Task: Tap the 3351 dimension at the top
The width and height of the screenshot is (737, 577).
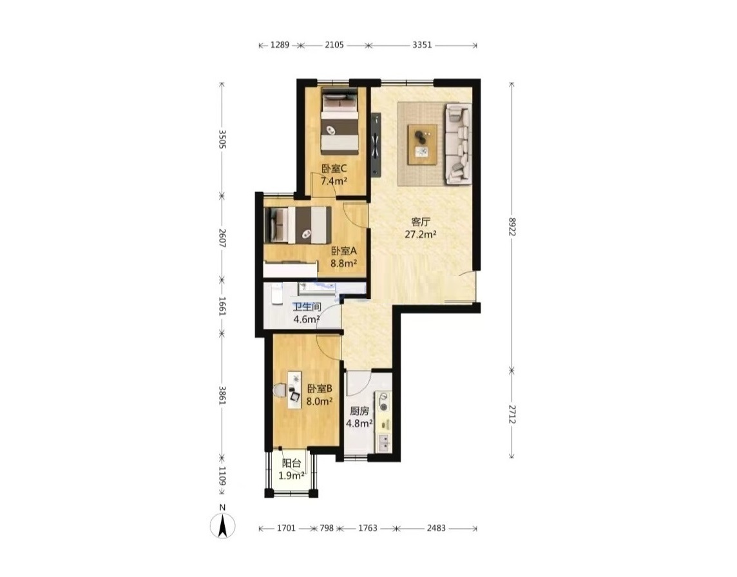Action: [x=422, y=45]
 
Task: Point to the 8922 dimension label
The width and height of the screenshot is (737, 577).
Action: [x=512, y=226]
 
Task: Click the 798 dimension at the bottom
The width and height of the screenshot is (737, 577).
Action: [x=327, y=528]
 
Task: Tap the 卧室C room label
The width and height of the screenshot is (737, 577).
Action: [x=334, y=168]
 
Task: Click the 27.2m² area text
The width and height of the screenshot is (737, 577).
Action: [x=421, y=234]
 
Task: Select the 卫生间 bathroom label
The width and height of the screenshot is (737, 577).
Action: [x=307, y=308]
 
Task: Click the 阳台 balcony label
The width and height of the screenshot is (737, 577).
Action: [x=291, y=463]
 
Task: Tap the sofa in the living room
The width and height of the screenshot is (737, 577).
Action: [x=457, y=142]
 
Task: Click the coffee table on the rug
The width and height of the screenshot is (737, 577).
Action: [x=423, y=144]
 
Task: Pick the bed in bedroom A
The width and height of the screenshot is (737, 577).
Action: [x=298, y=225]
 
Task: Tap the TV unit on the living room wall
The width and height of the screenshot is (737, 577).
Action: [x=376, y=144]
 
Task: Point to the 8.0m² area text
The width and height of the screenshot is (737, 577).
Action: [x=320, y=401]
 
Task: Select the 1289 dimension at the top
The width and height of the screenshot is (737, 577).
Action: [x=280, y=45]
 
